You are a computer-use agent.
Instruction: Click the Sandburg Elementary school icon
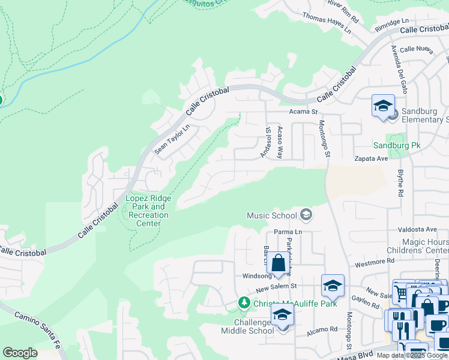pos(383,107)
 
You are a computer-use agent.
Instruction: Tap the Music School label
pos(272,215)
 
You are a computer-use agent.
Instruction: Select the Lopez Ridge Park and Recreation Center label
pos(148,211)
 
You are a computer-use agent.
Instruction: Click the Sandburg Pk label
pos(397,145)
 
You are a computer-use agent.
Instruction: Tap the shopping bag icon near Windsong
pos(279,263)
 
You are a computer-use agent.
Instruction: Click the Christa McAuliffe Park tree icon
pos(244,303)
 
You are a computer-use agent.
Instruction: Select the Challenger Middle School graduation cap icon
pos(281,315)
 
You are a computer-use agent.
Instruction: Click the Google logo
pos(20,353)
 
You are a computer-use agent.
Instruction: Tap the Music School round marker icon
pos(306,215)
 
